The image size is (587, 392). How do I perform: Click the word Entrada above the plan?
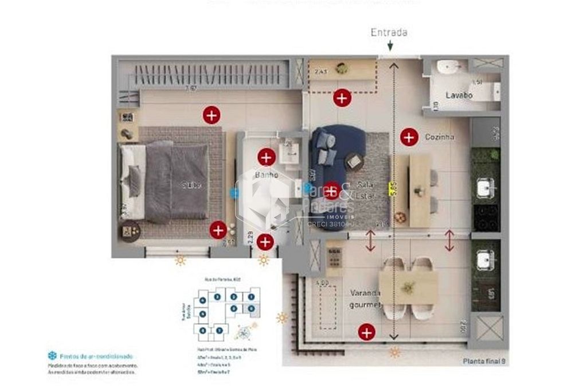[x=389, y=32]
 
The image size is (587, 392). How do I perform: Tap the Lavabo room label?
[x=459, y=95]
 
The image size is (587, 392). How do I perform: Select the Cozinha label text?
[x=440, y=137]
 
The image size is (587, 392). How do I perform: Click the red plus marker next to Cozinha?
[x=409, y=137]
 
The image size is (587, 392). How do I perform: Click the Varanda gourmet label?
[x=366, y=299]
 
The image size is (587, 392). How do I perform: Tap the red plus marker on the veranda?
[x=366, y=332]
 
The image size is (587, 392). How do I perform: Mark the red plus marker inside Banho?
[x=266, y=157]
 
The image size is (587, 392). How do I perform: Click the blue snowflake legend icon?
[x=52, y=355]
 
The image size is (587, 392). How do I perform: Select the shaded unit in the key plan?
[x=252, y=309]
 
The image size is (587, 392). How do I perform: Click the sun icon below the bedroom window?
[x=181, y=261]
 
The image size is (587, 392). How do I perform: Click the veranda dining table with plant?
[x=408, y=287]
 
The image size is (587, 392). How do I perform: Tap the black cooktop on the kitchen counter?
[x=486, y=216]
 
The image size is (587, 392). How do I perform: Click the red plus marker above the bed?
[x=212, y=115]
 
